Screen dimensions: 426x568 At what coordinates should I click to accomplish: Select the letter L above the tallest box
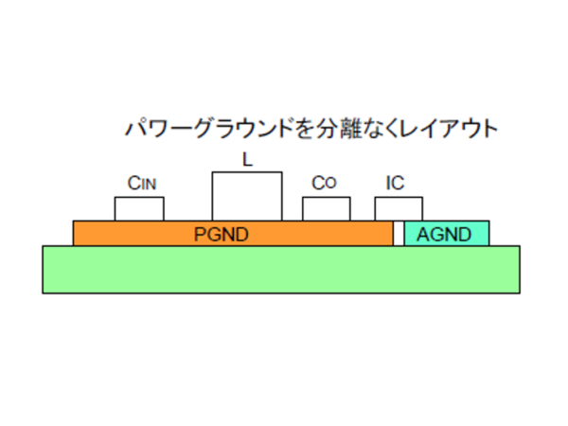click(247, 161)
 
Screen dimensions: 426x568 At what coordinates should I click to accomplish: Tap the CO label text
click(324, 184)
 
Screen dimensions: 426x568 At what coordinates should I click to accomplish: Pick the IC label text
click(396, 184)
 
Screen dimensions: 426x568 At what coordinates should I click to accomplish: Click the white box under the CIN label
click(139, 209)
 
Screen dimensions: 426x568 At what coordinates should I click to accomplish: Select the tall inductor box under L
click(246, 197)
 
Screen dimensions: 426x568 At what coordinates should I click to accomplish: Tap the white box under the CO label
click(326, 209)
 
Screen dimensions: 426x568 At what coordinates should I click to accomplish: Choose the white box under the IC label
click(399, 209)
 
